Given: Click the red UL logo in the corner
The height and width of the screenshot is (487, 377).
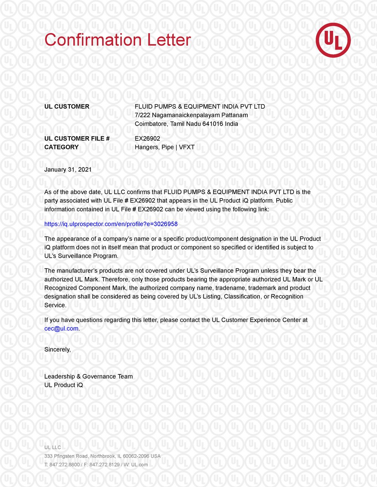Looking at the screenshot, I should pos(333,40).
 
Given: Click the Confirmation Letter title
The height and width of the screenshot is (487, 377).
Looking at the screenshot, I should pos(118,40).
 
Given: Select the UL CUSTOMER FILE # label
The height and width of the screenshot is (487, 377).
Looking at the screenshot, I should pos(77,138).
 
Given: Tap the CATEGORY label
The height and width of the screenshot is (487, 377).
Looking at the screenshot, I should pos(61,147).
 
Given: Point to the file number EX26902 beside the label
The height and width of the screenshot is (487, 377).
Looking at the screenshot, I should pos(147,138).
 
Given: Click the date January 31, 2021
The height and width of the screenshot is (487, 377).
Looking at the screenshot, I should pos(68,169).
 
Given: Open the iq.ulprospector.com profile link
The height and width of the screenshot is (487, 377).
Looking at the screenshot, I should pos(111,224).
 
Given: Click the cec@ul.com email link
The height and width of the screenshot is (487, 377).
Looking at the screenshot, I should pos(61,328).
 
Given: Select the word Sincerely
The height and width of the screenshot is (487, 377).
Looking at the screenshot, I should pos(57,349).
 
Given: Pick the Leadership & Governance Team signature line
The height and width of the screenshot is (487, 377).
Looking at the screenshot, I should pos(89,376).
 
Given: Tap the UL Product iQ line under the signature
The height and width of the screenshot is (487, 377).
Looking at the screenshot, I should pos(64,385).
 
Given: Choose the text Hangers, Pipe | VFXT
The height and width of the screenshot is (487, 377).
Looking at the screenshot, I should pos(165,147).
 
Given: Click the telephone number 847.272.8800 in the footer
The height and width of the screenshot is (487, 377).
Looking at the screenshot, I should pos(64,465).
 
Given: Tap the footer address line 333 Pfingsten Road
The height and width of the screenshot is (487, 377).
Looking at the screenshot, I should pos(103,456).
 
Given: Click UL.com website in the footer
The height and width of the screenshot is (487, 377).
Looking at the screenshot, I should pos(139,465).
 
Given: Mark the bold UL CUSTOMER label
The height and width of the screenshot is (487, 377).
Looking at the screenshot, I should pos(67,107).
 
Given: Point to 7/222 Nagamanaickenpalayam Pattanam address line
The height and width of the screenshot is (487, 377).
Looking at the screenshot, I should pos(192,115).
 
